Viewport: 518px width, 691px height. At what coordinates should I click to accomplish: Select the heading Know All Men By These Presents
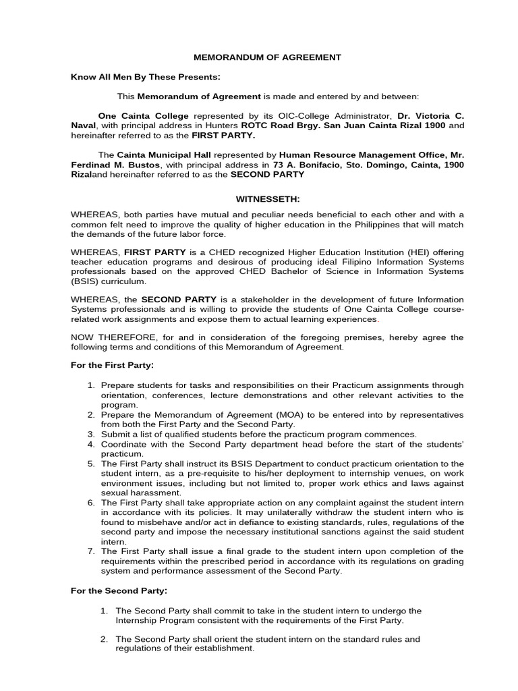(x=146, y=77)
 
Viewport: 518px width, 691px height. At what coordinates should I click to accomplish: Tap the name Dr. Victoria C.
(x=429, y=115)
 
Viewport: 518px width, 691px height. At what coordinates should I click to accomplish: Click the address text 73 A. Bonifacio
(x=309, y=165)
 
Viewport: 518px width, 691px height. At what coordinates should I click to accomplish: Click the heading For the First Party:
(x=112, y=365)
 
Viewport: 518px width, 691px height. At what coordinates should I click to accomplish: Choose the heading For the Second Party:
(x=119, y=590)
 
